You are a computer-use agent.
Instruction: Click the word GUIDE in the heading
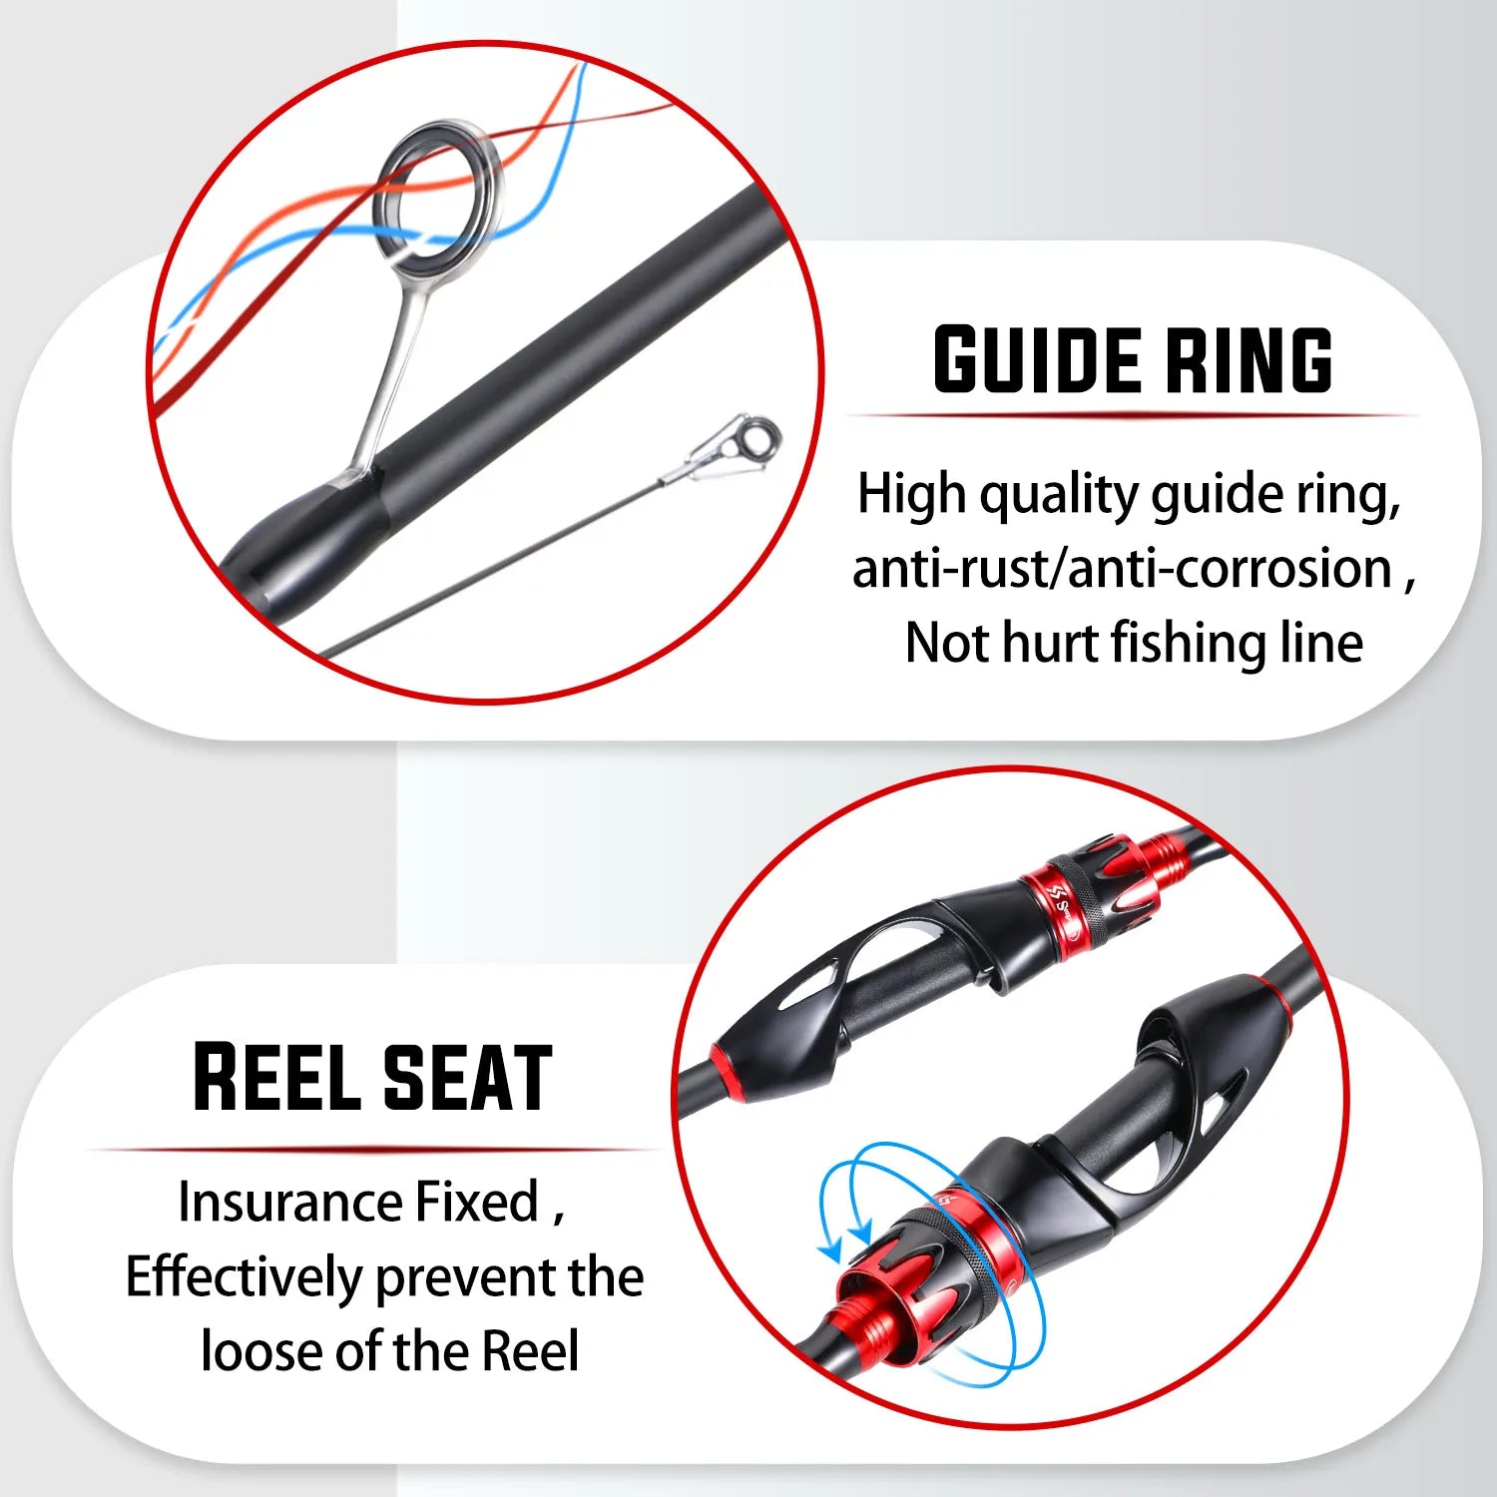point(1038,359)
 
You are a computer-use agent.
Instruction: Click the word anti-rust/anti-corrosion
point(1122,569)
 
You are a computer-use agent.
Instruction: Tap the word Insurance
point(290,1202)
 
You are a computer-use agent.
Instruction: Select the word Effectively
point(244,1277)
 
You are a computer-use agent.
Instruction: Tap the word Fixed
point(477,1202)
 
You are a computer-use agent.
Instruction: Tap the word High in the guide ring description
point(910,495)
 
